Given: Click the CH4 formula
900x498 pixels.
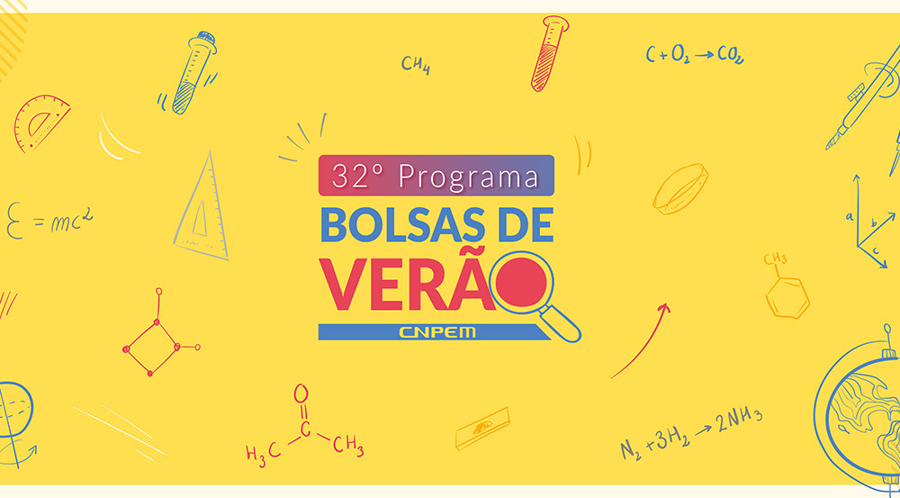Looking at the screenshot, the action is pyautogui.click(x=416, y=65).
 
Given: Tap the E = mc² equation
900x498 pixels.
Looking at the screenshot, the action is pyautogui.click(x=49, y=219).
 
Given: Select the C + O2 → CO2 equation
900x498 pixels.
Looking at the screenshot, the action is pyautogui.click(x=695, y=54).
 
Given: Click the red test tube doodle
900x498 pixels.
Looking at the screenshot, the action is pyautogui.click(x=549, y=53).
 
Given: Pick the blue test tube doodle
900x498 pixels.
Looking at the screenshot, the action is pyautogui.click(x=192, y=72).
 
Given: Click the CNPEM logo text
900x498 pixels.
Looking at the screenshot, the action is pyautogui.click(x=436, y=332).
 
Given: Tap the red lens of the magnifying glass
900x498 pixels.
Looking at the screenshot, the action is pyautogui.click(x=521, y=282).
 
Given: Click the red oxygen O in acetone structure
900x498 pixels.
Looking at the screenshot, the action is pyautogui.click(x=301, y=394).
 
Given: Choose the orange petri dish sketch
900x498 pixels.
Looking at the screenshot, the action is pyautogui.click(x=680, y=189).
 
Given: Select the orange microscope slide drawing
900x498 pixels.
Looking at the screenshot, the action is pyautogui.click(x=482, y=428).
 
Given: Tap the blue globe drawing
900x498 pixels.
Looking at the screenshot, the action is pyautogui.click(x=858, y=411).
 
